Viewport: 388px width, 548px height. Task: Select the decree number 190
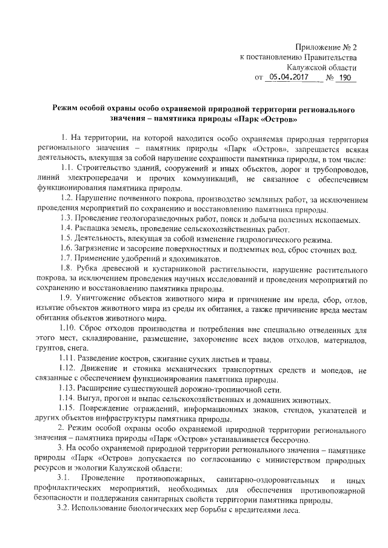(344, 78)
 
